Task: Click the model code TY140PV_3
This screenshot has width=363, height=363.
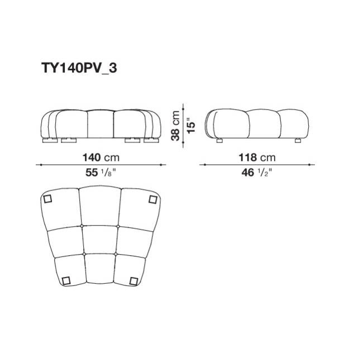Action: coord(79,68)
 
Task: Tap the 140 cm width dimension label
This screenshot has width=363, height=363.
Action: coord(101,157)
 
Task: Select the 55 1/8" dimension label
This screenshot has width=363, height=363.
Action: coord(101,173)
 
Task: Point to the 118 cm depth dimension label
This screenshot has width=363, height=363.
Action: coord(257,157)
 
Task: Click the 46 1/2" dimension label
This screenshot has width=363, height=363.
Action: coord(257,173)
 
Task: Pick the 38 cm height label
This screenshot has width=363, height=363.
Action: coord(175,126)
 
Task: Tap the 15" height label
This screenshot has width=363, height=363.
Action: coord(191,126)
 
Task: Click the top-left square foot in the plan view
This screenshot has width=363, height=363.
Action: coord(47,199)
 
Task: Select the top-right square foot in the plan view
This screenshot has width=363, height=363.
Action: coord(153,199)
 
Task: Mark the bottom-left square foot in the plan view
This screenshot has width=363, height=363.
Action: coord(66,280)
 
